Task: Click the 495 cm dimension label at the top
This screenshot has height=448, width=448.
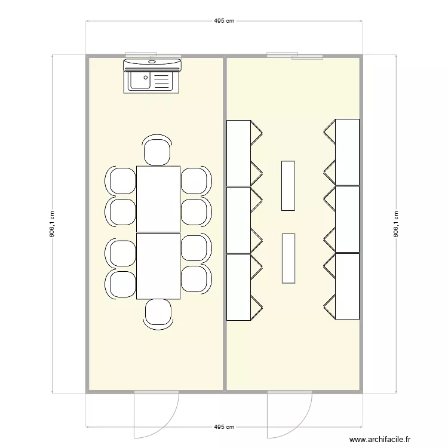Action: (x=224, y=20)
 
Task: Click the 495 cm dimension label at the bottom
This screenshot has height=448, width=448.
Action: (x=224, y=427)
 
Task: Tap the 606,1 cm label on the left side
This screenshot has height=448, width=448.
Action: (x=52, y=224)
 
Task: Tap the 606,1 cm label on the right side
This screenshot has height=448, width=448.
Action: (x=395, y=224)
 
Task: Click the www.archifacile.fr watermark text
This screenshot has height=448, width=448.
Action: (x=381, y=440)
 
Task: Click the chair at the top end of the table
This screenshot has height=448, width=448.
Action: (x=158, y=151)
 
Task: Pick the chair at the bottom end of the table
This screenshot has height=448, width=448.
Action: (x=158, y=314)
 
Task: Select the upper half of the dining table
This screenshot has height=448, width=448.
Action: (x=158, y=199)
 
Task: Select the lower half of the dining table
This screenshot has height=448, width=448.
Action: (x=158, y=266)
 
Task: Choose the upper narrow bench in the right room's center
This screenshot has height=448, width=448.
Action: (x=288, y=185)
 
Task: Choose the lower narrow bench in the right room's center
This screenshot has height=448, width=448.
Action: (x=288, y=258)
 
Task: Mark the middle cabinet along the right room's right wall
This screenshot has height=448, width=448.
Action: (x=347, y=219)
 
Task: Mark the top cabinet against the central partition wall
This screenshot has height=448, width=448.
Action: (x=238, y=152)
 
